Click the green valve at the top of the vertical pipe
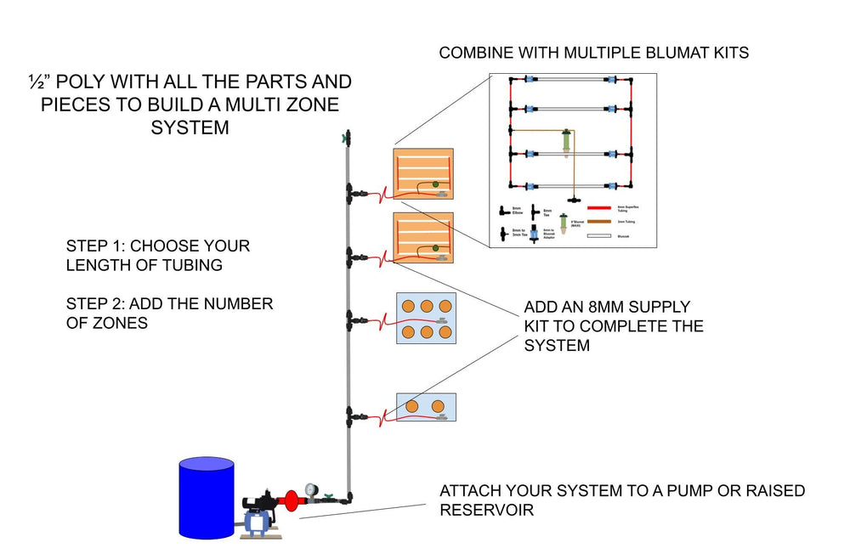[346, 137]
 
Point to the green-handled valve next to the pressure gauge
[326, 497]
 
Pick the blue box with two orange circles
[427, 408]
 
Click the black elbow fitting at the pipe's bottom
[348, 497]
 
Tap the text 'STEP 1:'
[94, 246]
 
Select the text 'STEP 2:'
[94, 303]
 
